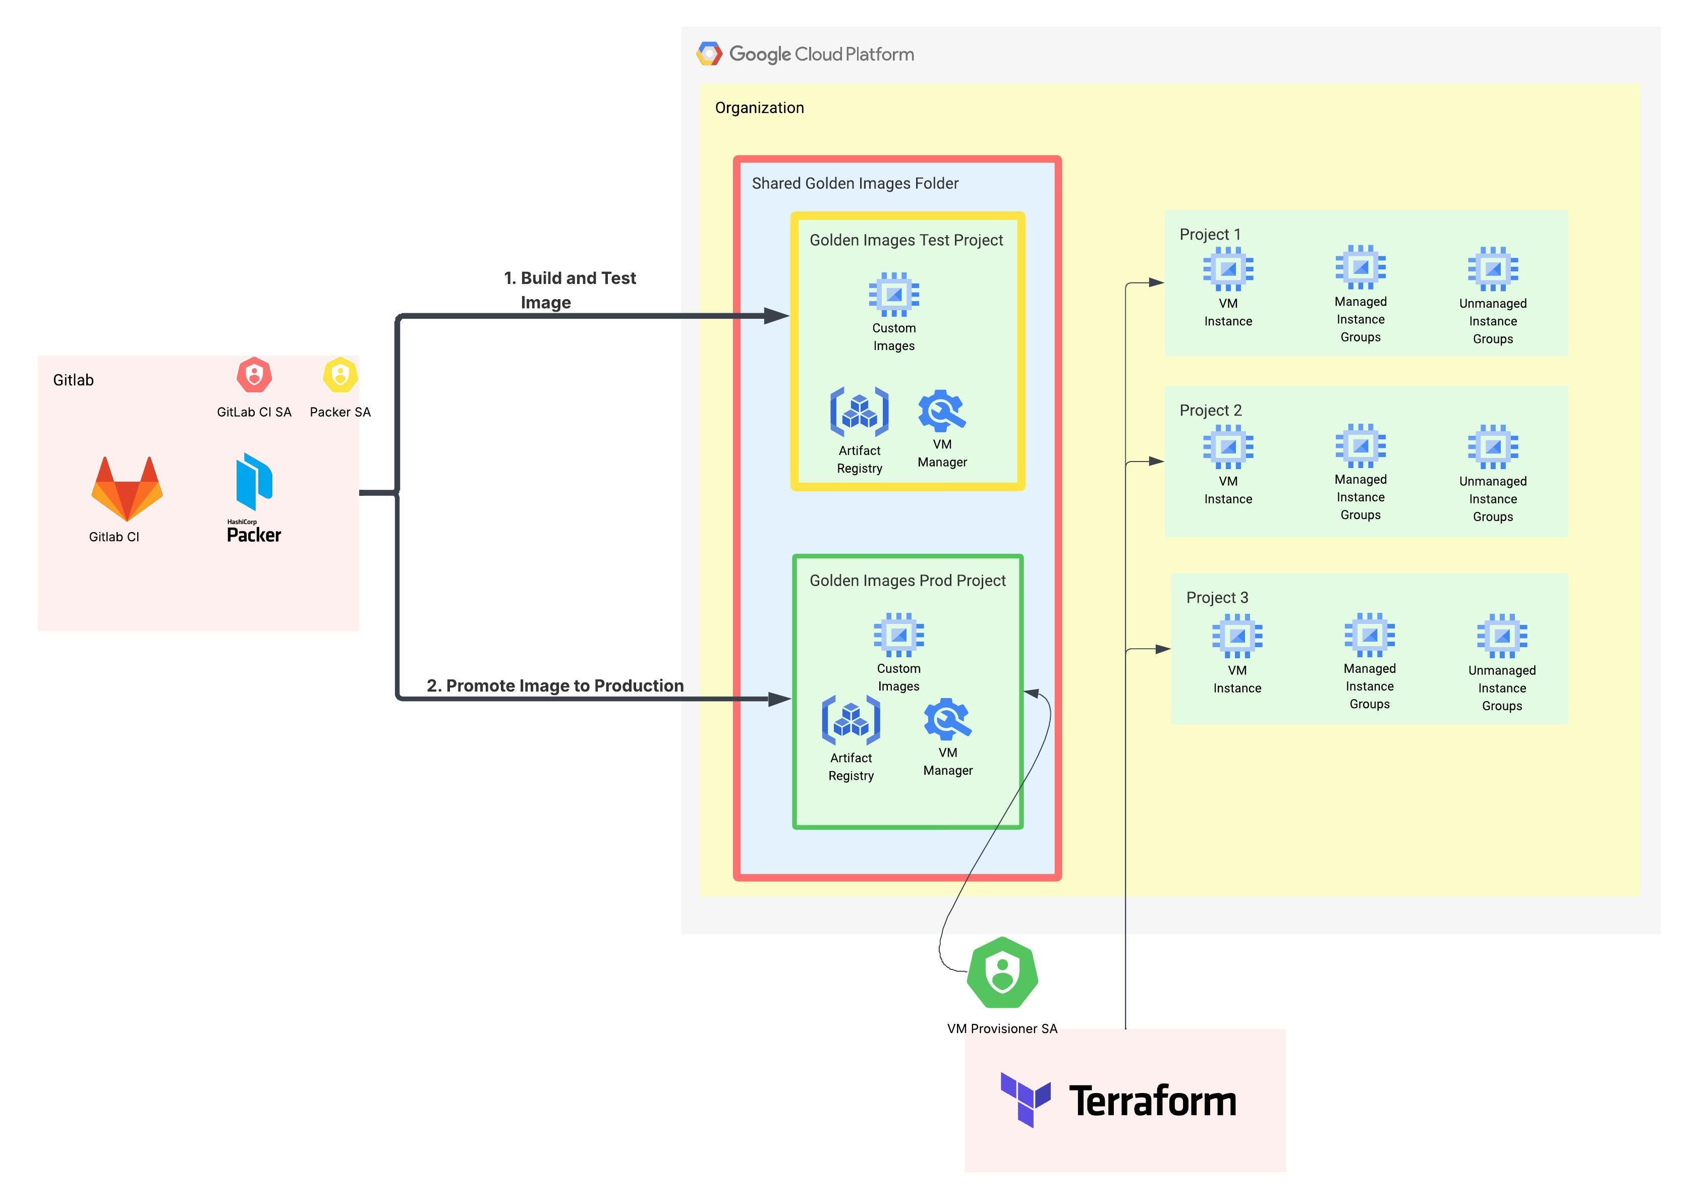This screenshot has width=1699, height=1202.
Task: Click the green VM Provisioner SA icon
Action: [1002, 972]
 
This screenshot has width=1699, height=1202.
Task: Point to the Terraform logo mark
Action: [1026, 1100]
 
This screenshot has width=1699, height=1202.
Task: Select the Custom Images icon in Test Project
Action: [894, 295]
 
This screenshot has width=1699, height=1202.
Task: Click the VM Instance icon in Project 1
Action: [1228, 269]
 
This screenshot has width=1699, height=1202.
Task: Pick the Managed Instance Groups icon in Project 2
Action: [1361, 445]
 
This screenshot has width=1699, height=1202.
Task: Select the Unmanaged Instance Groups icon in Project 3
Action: [1502, 636]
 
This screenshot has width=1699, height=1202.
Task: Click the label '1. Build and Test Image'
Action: [570, 290]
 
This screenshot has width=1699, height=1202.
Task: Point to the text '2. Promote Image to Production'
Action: [555, 686]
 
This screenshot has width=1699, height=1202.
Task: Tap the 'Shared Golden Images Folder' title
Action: [855, 184]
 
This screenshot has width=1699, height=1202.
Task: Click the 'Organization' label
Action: [760, 108]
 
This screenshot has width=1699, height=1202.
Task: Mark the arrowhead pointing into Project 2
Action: [1156, 461]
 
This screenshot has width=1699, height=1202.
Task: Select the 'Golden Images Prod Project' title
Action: [908, 581]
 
